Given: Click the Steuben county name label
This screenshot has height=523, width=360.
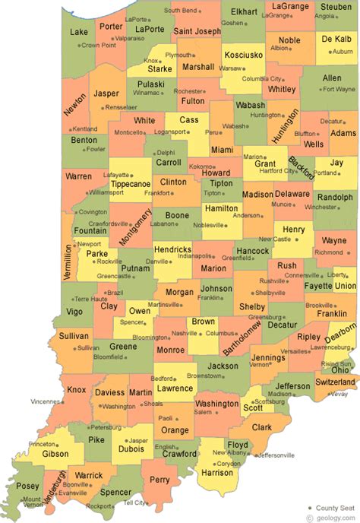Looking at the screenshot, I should [x=336, y=6].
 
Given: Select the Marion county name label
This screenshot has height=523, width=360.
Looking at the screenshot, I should [x=214, y=268].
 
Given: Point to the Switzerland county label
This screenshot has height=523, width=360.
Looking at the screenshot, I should [x=336, y=381].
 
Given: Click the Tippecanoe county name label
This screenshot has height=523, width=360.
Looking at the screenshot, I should [x=130, y=184].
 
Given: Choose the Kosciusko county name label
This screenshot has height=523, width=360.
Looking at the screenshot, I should [x=243, y=56].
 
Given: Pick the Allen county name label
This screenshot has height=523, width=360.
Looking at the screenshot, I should [x=332, y=78].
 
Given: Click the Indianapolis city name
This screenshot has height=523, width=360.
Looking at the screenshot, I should [x=195, y=256].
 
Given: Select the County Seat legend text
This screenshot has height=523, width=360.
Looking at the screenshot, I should [x=334, y=507].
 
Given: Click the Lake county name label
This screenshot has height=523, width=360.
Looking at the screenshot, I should [x=78, y=33].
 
